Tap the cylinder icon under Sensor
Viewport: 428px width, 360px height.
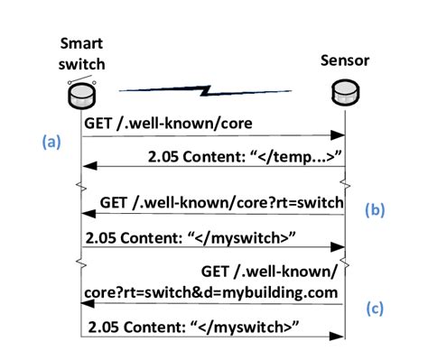(x=346, y=90)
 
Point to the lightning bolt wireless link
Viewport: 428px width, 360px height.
(x=209, y=89)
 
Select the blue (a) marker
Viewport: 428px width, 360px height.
(x=53, y=142)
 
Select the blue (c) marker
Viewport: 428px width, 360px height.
(x=375, y=306)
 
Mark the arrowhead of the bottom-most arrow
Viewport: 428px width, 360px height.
(x=340, y=338)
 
